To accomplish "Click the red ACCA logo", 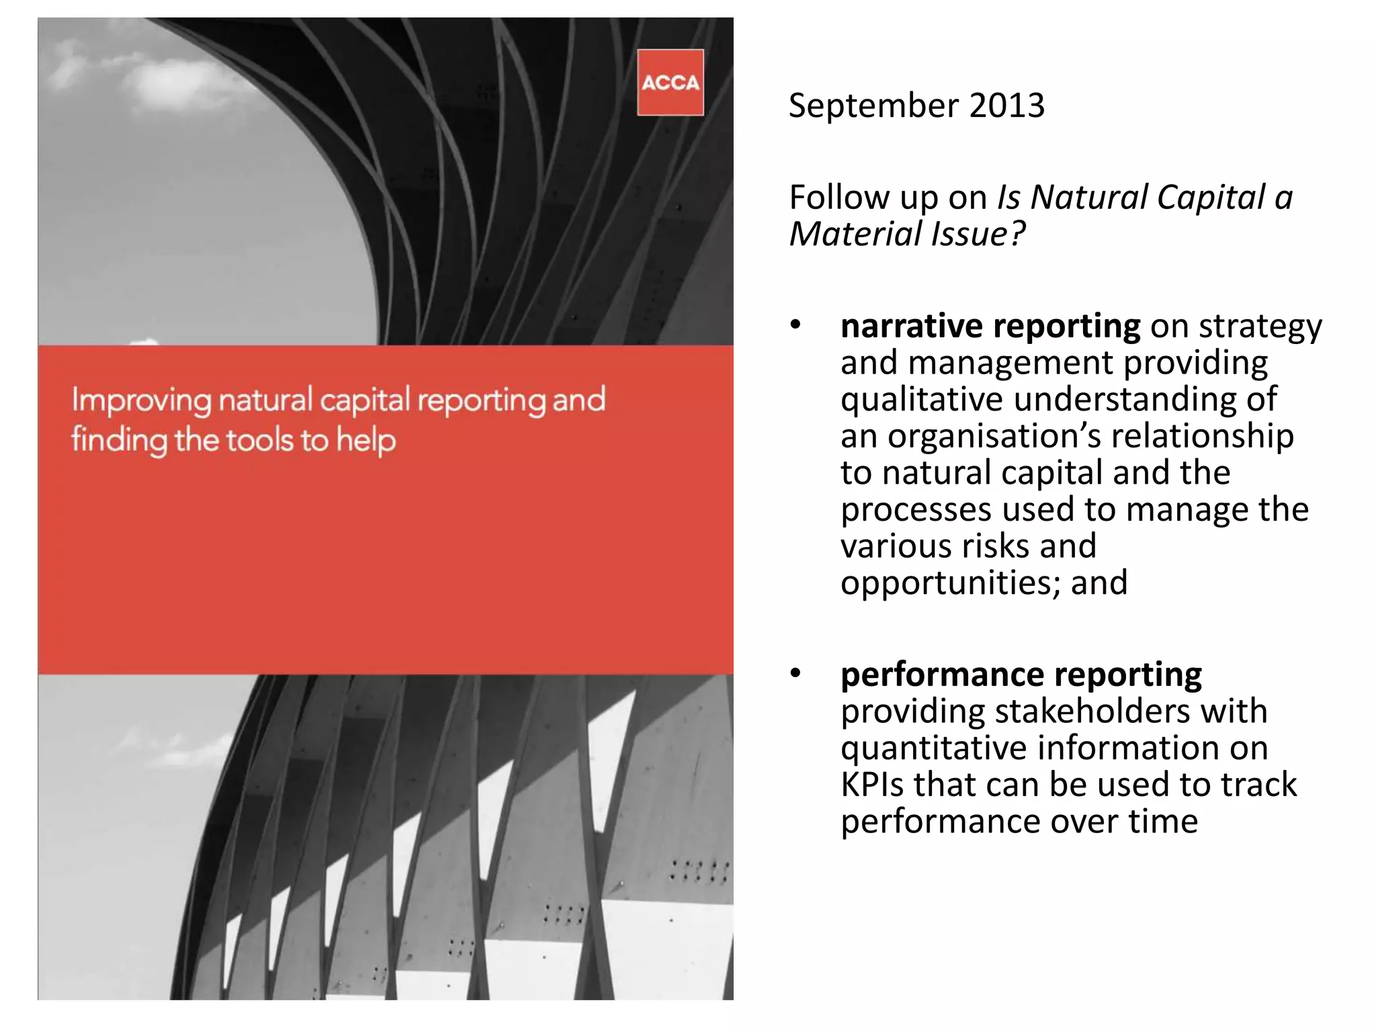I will coord(670,83).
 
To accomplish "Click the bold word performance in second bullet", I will coord(942,675).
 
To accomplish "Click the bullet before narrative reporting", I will coord(796,325).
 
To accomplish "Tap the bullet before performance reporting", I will coord(796,673).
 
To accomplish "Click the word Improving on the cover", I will coord(142,401).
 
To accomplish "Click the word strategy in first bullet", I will coord(1260,327).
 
